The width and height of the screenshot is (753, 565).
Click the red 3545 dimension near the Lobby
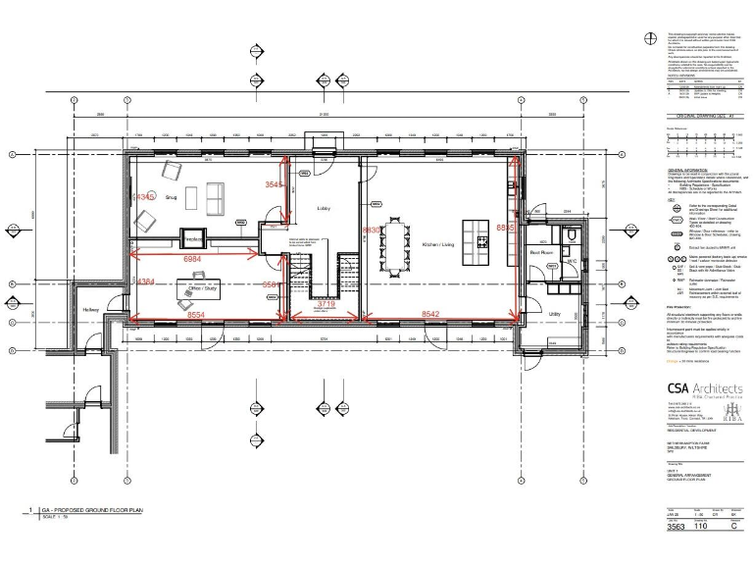275,184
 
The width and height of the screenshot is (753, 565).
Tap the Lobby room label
325,209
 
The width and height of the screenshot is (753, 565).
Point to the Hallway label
91,310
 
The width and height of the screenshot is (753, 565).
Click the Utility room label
554,315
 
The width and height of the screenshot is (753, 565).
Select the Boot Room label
543,251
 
